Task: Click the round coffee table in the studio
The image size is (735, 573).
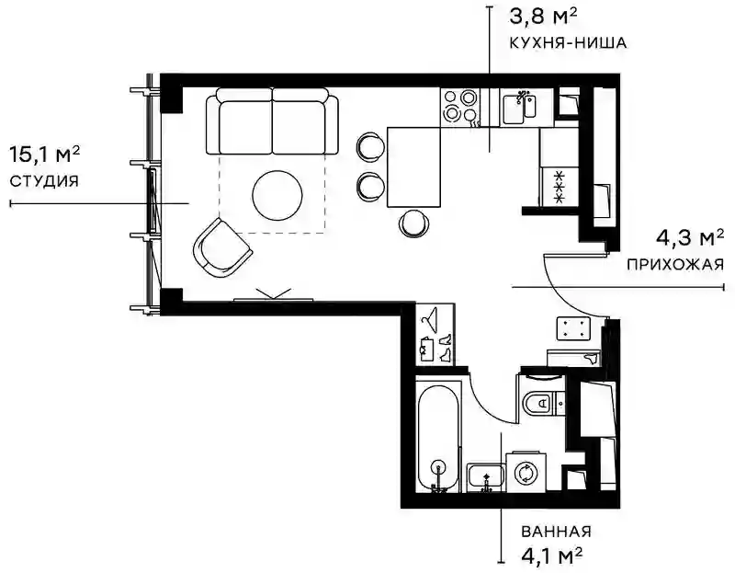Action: [x=277, y=195]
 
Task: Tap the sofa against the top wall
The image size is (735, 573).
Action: [x=272, y=121]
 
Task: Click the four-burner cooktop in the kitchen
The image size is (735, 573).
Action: [x=460, y=108]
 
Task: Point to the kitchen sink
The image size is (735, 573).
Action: [x=519, y=108]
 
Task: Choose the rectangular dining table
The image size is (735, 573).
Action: [x=414, y=166]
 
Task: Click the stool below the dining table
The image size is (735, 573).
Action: [x=413, y=223]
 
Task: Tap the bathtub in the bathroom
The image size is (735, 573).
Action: [x=438, y=438]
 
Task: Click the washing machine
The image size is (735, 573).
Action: [x=526, y=472]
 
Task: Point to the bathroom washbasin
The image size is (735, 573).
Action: [x=486, y=477]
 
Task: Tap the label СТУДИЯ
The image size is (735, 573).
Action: [x=44, y=181]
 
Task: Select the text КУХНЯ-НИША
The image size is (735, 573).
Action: [x=568, y=42]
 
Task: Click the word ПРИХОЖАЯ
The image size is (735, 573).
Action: [x=675, y=265]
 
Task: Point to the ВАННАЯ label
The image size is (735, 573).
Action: [x=556, y=532]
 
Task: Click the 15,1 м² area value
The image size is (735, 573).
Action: [x=44, y=154]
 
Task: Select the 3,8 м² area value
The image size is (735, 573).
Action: [x=543, y=17]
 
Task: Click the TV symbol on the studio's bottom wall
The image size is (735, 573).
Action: [x=273, y=295]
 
